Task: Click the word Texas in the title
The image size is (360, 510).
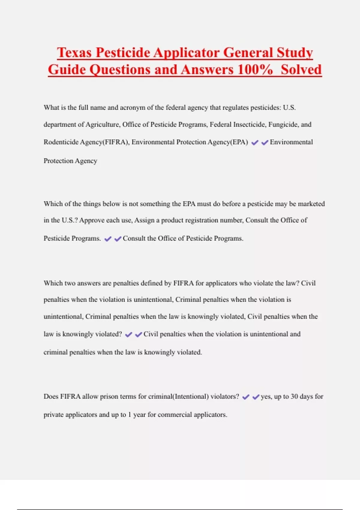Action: pos(74,52)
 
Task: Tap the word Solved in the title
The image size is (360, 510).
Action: pos(301,70)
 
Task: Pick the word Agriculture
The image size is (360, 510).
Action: pos(102,124)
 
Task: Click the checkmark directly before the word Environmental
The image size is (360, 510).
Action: pos(265,143)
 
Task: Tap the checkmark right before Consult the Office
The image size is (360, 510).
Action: pos(118,239)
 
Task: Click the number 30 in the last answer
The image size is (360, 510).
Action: pos(294,397)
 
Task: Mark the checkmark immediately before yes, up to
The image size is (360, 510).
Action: pos(256,397)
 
